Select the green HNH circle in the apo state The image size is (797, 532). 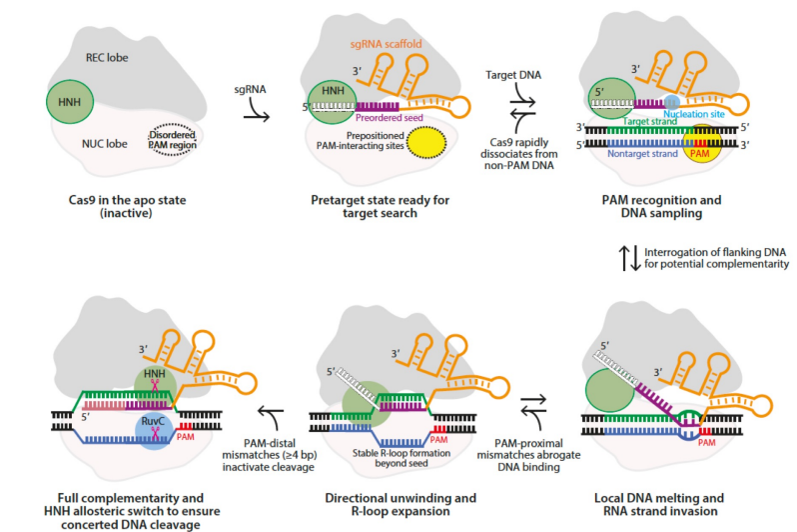(x=70, y=102)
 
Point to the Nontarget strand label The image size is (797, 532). (x=638, y=155)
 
